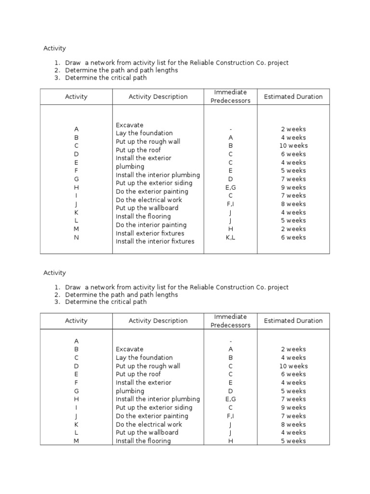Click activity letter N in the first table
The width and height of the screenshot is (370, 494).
[x=76, y=237]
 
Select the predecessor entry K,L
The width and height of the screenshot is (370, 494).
[x=231, y=237]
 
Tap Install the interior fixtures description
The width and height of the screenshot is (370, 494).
[x=155, y=241]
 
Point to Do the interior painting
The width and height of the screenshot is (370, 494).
[x=151, y=225]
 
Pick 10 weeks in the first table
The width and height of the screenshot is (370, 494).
[x=293, y=146]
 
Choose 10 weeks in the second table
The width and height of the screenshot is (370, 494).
[x=293, y=366]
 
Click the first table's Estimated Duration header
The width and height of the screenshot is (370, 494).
[x=293, y=96]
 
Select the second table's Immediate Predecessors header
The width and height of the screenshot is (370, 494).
[x=231, y=321]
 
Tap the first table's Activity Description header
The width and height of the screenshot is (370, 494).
[x=158, y=96]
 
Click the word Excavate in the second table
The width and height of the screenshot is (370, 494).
[x=129, y=349]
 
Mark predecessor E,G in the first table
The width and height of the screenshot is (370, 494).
[x=231, y=187]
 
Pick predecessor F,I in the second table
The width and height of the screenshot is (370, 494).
[x=231, y=416]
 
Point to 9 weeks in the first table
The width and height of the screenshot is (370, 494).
[x=293, y=187]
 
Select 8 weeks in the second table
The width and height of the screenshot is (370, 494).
[x=293, y=425]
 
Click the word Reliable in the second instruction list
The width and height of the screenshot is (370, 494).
[x=202, y=287]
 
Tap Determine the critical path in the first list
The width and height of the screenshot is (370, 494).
[x=106, y=78]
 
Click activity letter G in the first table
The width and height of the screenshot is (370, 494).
[x=76, y=179]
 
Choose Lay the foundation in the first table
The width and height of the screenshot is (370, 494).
[x=144, y=133]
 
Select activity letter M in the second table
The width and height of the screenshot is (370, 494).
[x=76, y=441]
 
